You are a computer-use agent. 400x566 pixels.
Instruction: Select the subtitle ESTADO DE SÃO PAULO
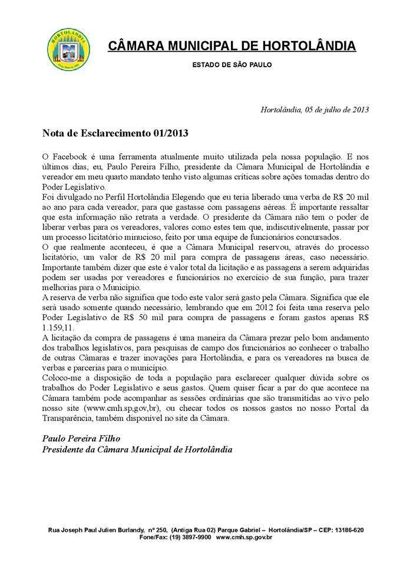pos(232,65)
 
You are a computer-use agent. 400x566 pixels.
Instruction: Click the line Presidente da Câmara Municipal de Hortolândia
pos(137,449)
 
